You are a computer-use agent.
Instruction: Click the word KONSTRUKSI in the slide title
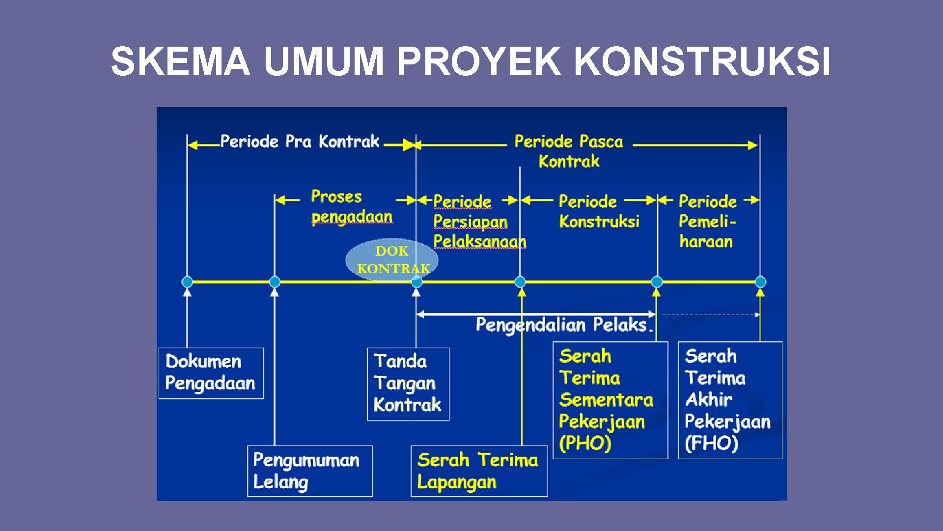click(x=702, y=61)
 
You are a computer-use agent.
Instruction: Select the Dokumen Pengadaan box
click(x=211, y=373)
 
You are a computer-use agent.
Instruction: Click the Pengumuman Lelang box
click(x=309, y=471)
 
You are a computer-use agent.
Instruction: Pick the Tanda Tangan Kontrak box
click(x=408, y=384)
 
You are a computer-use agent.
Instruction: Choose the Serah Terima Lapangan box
click(x=478, y=471)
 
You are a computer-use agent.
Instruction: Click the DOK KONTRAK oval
click(x=392, y=260)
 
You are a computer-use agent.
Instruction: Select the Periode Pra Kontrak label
click(x=300, y=142)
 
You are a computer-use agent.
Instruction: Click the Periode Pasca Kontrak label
click(x=569, y=151)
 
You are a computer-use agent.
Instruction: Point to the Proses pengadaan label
click(x=351, y=206)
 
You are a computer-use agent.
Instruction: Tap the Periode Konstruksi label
click(x=599, y=211)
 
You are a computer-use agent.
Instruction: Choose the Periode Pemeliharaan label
click(x=707, y=221)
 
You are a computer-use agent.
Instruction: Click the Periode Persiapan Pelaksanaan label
click(x=479, y=221)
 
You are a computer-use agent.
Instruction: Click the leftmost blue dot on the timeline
click(x=187, y=282)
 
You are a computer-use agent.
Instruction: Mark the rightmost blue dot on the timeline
click(x=760, y=282)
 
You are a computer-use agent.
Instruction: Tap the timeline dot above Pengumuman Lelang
click(x=275, y=282)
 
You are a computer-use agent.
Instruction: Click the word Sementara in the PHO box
click(x=606, y=400)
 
